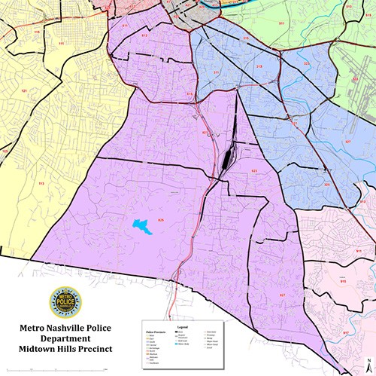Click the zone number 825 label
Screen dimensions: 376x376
click(160, 219)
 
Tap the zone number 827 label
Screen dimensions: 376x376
click(283, 294)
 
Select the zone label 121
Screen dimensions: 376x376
click(23, 91)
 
